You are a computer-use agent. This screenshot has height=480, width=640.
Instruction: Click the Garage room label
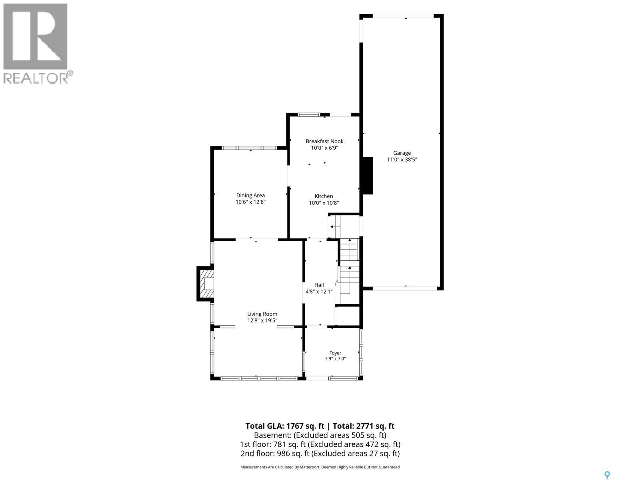pyautogui.click(x=402, y=153)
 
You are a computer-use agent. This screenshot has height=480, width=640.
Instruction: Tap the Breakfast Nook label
pyautogui.click(x=324, y=141)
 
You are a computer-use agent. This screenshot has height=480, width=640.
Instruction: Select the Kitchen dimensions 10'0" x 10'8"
pyautogui.click(x=324, y=203)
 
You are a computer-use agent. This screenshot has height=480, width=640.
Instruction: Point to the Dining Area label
pyautogui.click(x=250, y=195)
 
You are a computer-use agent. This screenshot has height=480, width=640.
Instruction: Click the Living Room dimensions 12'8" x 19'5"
pyautogui.click(x=262, y=320)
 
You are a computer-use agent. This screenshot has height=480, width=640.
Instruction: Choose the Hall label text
pyautogui.click(x=319, y=285)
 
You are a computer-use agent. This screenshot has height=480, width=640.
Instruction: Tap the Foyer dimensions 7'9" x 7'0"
pyautogui.click(x=335, y=359)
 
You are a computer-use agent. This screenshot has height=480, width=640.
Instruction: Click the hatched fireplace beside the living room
pyautogui.click(x=206, y=284)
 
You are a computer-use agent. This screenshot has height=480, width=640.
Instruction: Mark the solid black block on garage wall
pyautogui.click(x=368, y=176)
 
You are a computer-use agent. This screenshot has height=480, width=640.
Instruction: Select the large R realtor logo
pyautogui.click(x=35, y=36)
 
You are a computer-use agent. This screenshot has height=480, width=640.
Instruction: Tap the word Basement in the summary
pyautogui.click(x=272, y=435)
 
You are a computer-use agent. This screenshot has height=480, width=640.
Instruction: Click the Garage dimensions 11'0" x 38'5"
pyautogui.click(x=402, y=160)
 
